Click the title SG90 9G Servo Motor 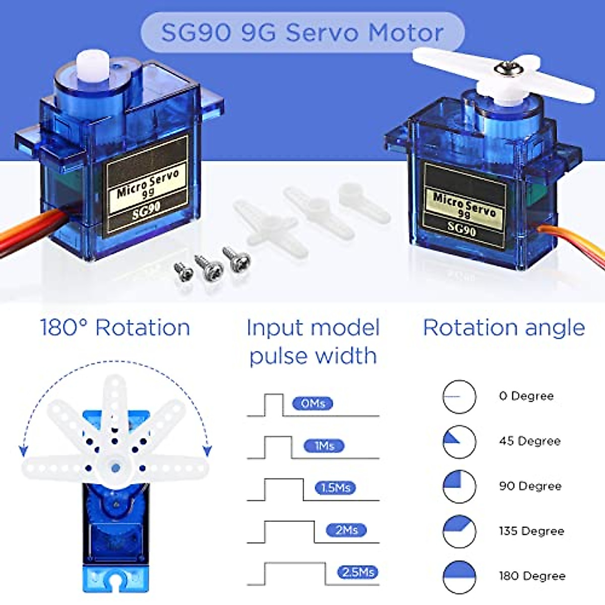click(x=302, y=33)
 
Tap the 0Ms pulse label click(x=313, y=403)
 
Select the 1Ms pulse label click(x=324, y=446)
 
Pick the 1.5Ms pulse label click(x=335, y=488)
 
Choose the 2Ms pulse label click(x=346, y=530)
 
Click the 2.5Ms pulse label click(x=357, y=572)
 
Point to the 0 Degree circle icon click(x=459, y=397)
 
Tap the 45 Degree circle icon click(x=459, y=442)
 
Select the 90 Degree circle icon click(x=459, y=487)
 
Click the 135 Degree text click(x=531, y=531)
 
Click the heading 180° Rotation click(x=115, y=328)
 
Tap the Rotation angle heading click(x=504, y=328)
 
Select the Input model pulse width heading click(x=313, y=341)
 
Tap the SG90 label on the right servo click(x=462, y=229)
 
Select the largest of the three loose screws click(x=237, y=260)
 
